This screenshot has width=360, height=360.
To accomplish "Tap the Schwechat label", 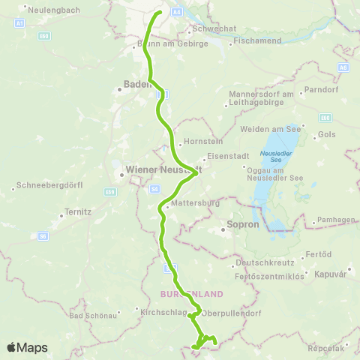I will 215,28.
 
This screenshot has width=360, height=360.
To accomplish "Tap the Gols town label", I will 328,134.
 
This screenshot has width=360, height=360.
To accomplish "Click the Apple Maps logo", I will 26,347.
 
